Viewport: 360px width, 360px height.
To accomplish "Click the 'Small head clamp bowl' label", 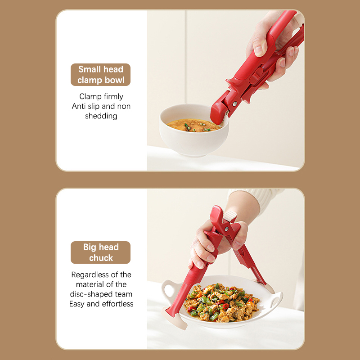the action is click(100, 75).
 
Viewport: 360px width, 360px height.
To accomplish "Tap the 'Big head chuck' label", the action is click(100, 252).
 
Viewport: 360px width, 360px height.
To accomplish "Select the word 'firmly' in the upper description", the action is click(113, 96).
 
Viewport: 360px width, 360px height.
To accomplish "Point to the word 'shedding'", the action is click(101, 116).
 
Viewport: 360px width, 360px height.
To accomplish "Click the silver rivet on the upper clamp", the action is click(234, 104).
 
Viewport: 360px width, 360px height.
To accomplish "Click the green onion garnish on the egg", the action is click(187, 127).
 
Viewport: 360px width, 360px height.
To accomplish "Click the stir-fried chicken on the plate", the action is click(221, 302).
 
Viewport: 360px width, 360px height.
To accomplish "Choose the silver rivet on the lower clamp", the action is click(227, 229).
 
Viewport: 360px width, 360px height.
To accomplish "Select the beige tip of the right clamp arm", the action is click(270, 288).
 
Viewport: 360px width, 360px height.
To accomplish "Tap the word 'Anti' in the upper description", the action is click(78, 106).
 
